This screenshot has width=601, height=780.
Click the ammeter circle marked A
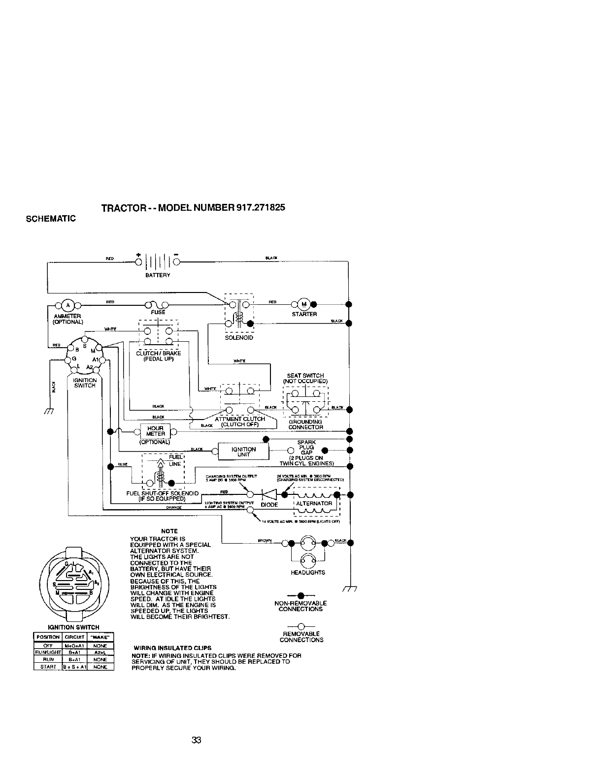pyautogui.click(x=69, y=304)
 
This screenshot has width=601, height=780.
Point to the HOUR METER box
pyautogui.click(x=155, y=431)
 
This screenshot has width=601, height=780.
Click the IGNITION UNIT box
pyautogui.click(x=243, y=452)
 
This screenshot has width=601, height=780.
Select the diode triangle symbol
pyautogui.click(x=268, y=494)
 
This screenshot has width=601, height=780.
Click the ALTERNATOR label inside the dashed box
pyautogui.click(x=314, y=503)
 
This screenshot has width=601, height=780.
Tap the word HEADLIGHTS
pyautogui.click(x=308, y=573)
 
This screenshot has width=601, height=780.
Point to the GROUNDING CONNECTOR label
pyautogui.click(x=305, y=424)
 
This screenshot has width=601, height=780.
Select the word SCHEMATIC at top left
pyautogui.click(x=51, y=218)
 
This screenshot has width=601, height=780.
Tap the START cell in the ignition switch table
pyautogui.click(x=47, y=667)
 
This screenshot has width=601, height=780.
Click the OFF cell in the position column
pyautogui.click(x=47, y=646)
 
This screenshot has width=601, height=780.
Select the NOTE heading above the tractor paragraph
pyautogui.click(x=169, y=531)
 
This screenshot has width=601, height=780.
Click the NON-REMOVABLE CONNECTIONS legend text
pyautogui.click(x=300, y=606)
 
